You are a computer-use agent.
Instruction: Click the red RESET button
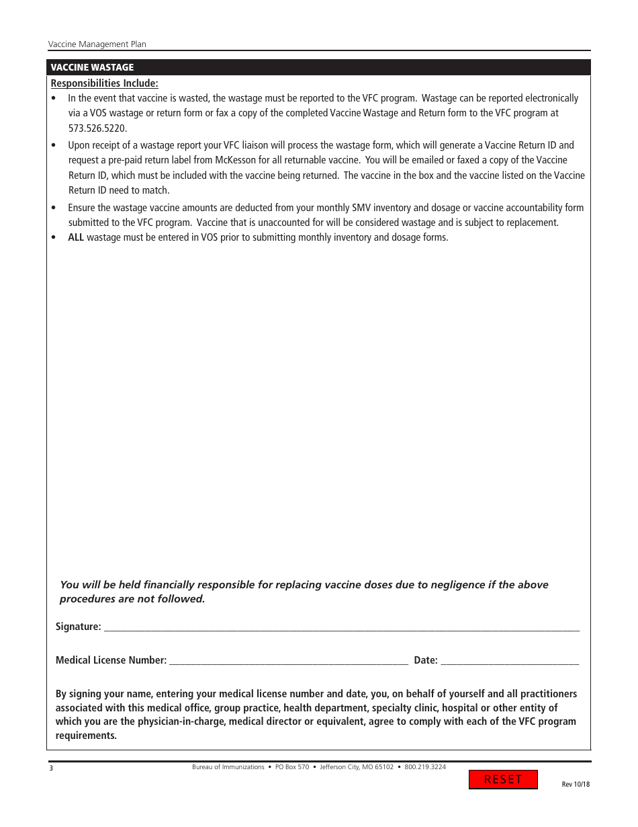(x=503, y=779)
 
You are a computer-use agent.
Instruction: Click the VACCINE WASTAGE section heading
(x=92, y=67)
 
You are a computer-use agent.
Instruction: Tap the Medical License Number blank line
(x=289, y=661)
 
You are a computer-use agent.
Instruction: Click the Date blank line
(x=510, y=661)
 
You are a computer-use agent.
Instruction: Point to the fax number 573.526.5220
(x=97, y=128)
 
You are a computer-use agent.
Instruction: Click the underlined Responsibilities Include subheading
(x=105, y=83)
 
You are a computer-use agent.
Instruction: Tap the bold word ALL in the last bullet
(x=76, y=237)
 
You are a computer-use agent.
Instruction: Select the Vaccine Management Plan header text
(x=97, y=44)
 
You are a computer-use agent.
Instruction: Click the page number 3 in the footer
(x=50, y=769)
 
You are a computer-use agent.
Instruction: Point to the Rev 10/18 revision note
(x=576, y=785)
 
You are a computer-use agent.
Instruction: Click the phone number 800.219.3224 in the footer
(x=425, y=767)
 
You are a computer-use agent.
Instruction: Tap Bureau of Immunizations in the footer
(x=228, y=767)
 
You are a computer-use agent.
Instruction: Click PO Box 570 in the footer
(x=292, y=767)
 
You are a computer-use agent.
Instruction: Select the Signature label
(x=78, y=627)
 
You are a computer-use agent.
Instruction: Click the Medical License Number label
(x=111, y=660)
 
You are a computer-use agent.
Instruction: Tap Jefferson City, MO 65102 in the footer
(x=357, y=767)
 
